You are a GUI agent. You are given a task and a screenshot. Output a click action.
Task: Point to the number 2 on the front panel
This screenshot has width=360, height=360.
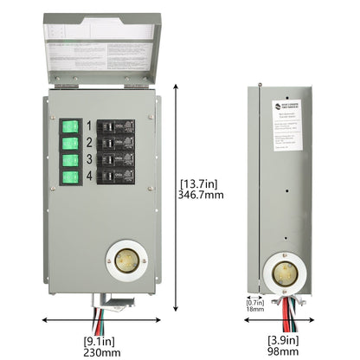[89, 143]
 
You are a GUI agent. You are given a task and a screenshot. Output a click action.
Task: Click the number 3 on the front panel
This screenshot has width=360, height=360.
[89, 160]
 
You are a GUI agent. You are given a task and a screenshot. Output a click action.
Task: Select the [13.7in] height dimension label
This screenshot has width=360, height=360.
[198, 184]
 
